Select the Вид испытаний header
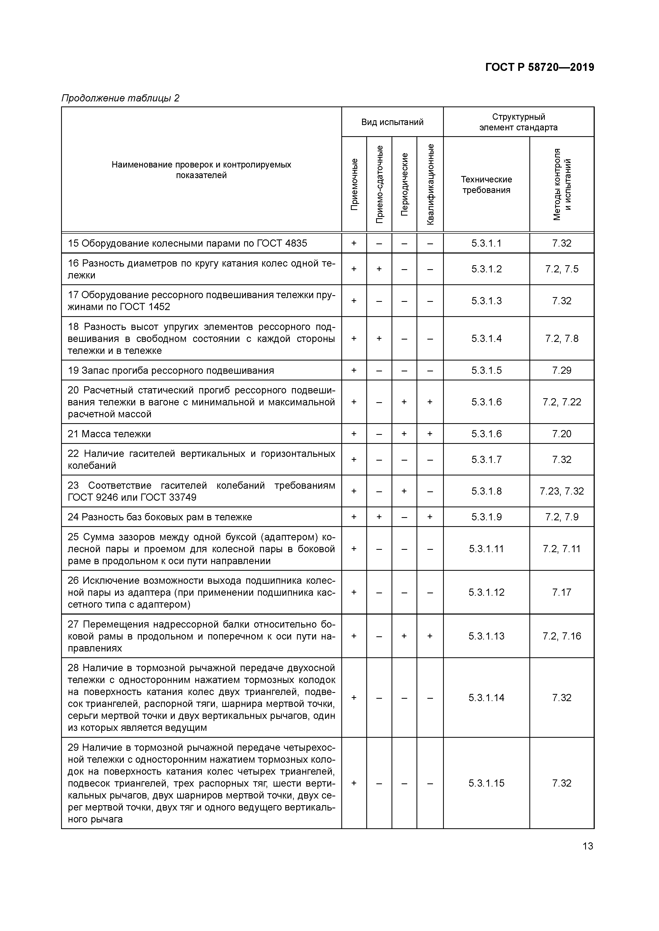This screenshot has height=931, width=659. (x=392, y=122)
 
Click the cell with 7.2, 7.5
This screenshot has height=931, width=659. (x=562, y=269)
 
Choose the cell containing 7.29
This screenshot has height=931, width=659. (x=562, y=370)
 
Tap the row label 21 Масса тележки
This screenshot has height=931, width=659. (x=109, y=434)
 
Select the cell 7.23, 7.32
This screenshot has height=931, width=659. (x=562, y=491)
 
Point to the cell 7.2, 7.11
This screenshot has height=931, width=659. (x=562, y=549)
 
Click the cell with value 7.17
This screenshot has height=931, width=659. (x=562, y=593)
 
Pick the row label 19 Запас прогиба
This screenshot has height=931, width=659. (x=171, y=370)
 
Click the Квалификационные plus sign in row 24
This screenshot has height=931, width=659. (x=430, y=517)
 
